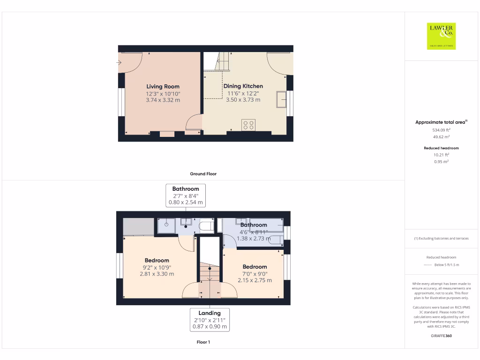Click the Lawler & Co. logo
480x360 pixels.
click(x=441, y=36)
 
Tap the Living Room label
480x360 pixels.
click(x=163, y=86)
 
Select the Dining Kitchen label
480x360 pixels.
click(x=243, y=86)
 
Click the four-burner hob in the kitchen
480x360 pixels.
click(x=248, y=125)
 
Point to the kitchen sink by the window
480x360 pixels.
click(x=282, y=99)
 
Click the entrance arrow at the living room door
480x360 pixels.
click(x=119, y=62)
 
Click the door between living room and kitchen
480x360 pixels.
click(x=194, y=123)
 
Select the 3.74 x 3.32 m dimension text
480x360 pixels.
click(x=163, y=100)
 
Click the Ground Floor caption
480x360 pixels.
click(x=203, y=174)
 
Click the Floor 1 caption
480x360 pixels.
click(x=203, y=342)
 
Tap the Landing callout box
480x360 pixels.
click(x=210, y=320)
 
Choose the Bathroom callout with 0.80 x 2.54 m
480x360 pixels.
click(x=186, y=195)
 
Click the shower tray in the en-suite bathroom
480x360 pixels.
click(x=166, y=225)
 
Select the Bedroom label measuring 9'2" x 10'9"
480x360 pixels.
click(x=157, y=261)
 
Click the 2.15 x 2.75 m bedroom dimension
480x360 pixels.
click(x=255, y=280)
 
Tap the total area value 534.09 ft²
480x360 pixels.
click(x=441, y=130)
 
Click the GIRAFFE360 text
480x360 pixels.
click(x=441, y=336)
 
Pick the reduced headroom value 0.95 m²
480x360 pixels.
click(x=441, y=161)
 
